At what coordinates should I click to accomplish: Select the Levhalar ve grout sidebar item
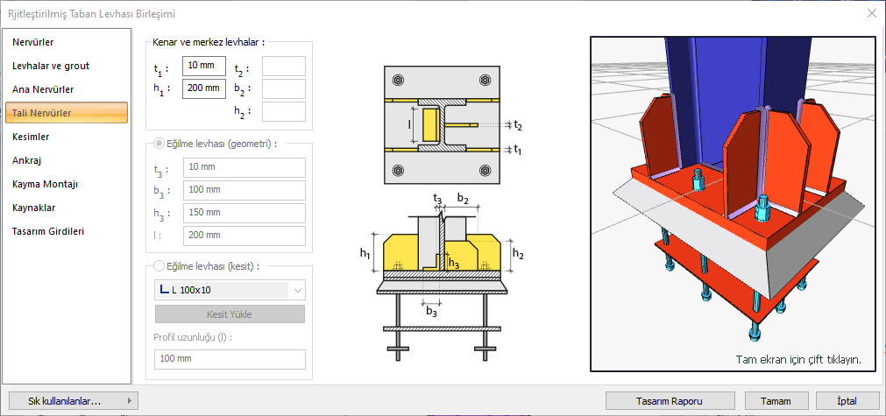(51, 66)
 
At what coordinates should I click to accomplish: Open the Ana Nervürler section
(43, 89)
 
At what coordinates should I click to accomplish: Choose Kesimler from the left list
(31, 137)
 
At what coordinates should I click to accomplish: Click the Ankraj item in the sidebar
(27, 160)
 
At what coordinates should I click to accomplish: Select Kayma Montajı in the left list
(46, 184)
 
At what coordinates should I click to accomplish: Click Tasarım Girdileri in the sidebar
(48, 231)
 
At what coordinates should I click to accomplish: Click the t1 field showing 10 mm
(204, 67)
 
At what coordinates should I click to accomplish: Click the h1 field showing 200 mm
(204, 88)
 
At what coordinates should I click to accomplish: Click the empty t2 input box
(283, 67)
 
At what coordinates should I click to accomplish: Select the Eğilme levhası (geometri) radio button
(159, 144)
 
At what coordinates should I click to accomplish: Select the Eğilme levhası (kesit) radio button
(159, 266)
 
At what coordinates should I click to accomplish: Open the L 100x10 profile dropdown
(230, 290)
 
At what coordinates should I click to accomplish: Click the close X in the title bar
(871, 12)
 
